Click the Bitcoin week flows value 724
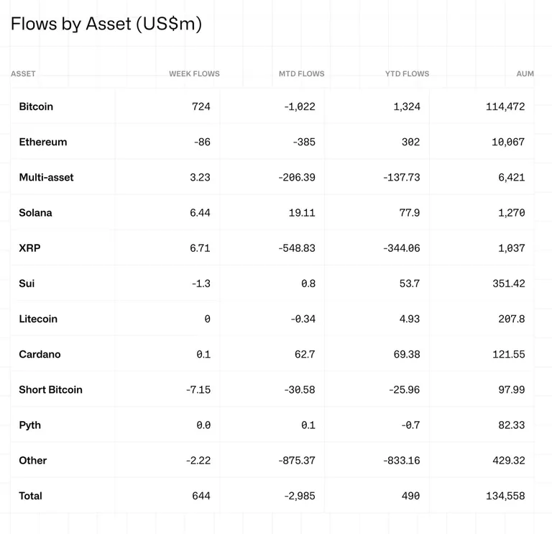[x=201, y=107]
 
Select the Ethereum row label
[x=43, y=142]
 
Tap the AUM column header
[x=525, y=73]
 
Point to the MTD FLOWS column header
[x=302, y=73]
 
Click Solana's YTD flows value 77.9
[x=410, y=212]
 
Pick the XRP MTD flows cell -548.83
[x=297, y=248]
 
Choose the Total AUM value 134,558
[x=505, y=496]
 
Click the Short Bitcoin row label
[x=51, y=389]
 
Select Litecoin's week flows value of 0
[x=207, y=319]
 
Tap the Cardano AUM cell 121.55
[x=509, y=354]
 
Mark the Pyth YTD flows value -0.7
[x=410, y=425]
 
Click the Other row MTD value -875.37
[x=297, y=461]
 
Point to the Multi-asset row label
[x=46, y=177]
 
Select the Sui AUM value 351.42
[x=509, y=284]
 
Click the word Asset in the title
[x=109, y=24]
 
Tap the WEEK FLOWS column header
[x=194, y=73]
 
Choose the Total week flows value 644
[x=201, y=496]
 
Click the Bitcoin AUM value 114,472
[x=505, y=107]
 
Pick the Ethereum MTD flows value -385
[x=304, y=142]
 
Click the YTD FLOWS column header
[x=408, y=73]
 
